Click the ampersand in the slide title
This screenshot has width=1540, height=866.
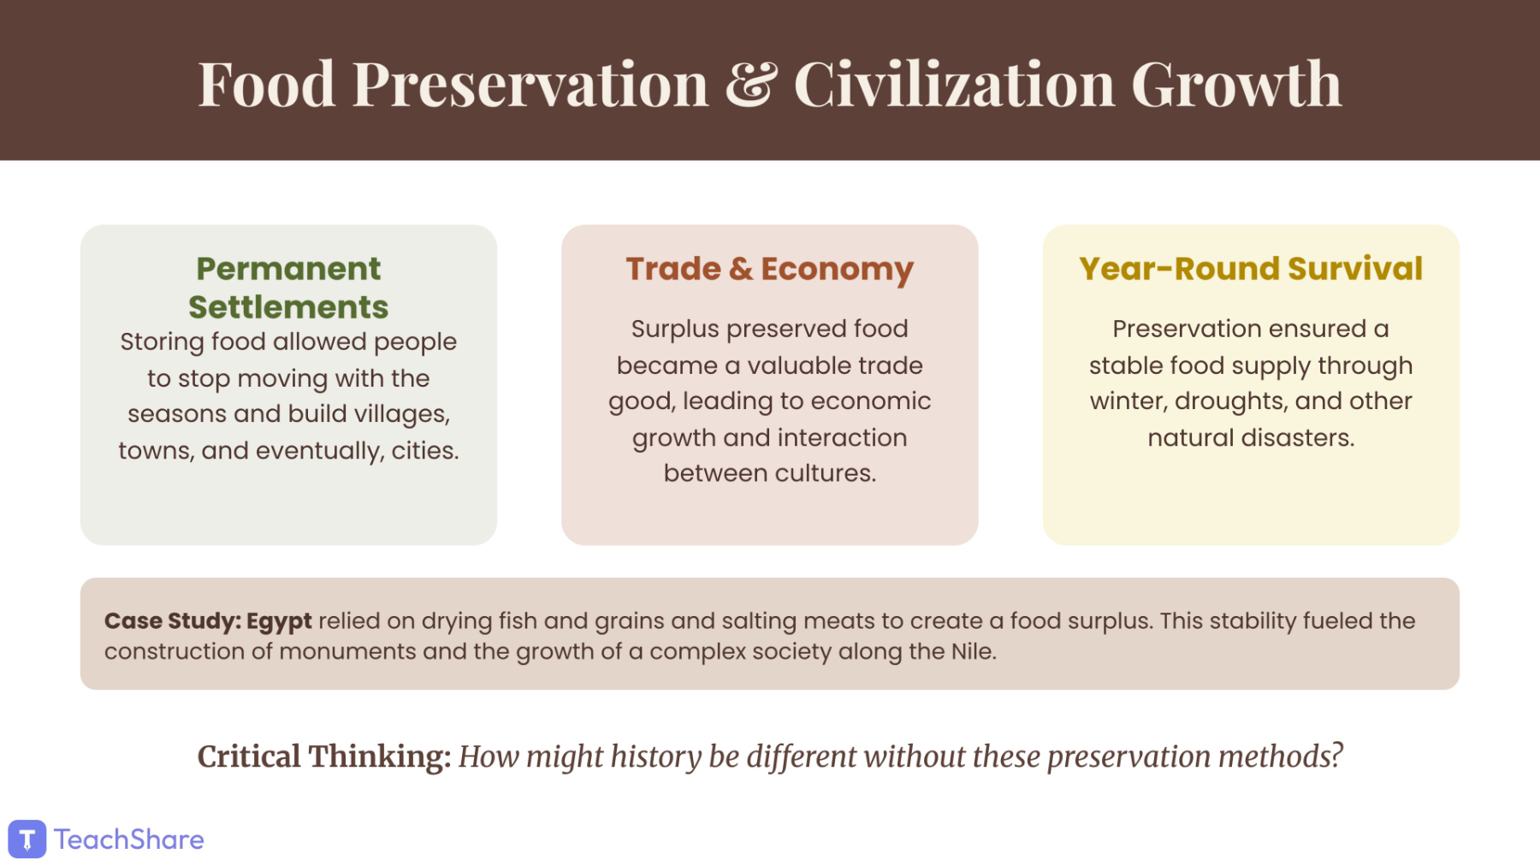click(751, 85)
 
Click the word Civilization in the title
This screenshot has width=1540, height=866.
click(954, 84)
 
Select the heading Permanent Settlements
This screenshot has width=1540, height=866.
click(288, 288)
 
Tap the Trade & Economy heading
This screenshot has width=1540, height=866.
click(770, 269)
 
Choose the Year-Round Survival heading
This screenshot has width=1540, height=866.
click(1251, 269)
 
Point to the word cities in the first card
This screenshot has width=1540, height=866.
click(425, 450)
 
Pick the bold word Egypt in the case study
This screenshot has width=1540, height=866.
click(279, 621)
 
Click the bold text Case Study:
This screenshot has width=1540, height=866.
click(172, 621)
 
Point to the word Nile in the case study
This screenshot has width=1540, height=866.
click(974, 652)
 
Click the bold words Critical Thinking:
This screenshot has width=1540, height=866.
click(324, 757)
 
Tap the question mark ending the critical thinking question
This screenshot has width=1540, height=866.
click(1336, 756)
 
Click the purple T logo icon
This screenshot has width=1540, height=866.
click(27, 839)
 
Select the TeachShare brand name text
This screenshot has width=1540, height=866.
click(129, 839)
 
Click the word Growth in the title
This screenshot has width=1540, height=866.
click(1236, 84)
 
